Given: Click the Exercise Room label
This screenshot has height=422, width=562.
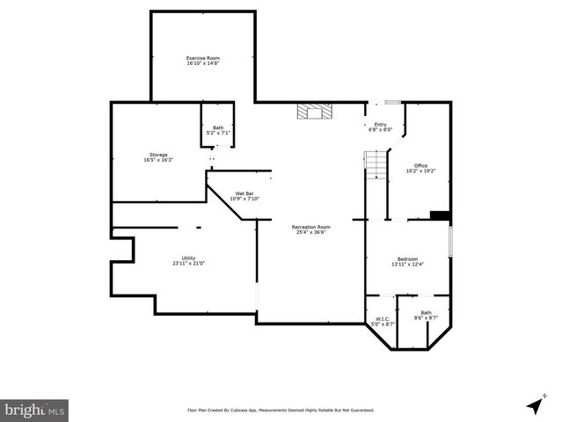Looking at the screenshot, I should point(202,58).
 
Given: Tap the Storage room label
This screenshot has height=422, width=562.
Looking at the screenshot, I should point(158,155).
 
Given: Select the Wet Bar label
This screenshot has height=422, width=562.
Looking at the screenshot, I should point(245,193).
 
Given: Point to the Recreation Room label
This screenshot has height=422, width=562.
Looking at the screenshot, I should point(311,227).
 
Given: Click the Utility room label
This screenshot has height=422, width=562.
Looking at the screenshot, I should point(188,258).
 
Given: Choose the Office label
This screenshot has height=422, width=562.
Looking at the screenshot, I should point(421,165).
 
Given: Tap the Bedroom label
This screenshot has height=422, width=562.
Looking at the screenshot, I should point(407,258).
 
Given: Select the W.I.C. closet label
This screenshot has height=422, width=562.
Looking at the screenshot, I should point(383,319).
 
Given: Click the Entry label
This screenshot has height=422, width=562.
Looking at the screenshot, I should point(380,125).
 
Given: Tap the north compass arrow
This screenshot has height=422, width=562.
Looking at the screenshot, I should point(534,405).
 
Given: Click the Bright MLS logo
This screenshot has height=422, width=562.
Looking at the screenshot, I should point(35,410).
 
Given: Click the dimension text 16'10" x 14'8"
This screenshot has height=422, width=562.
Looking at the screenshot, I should point(202,63).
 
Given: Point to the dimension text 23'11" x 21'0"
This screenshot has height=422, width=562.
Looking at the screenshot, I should point(188,263).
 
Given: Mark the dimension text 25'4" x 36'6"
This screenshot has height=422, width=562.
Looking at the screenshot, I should point(311,232).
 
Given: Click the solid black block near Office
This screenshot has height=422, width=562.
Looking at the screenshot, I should point(440,215).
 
